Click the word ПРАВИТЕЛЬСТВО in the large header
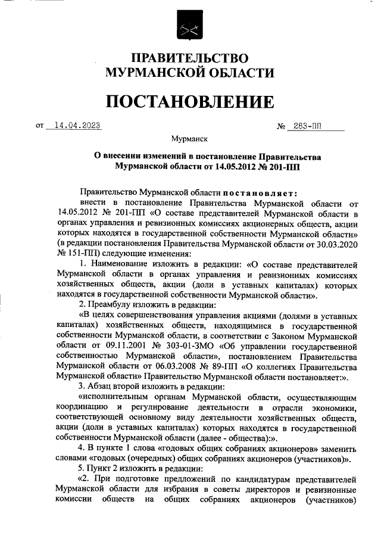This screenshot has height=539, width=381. pyautogui.click(x=189, y=58)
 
